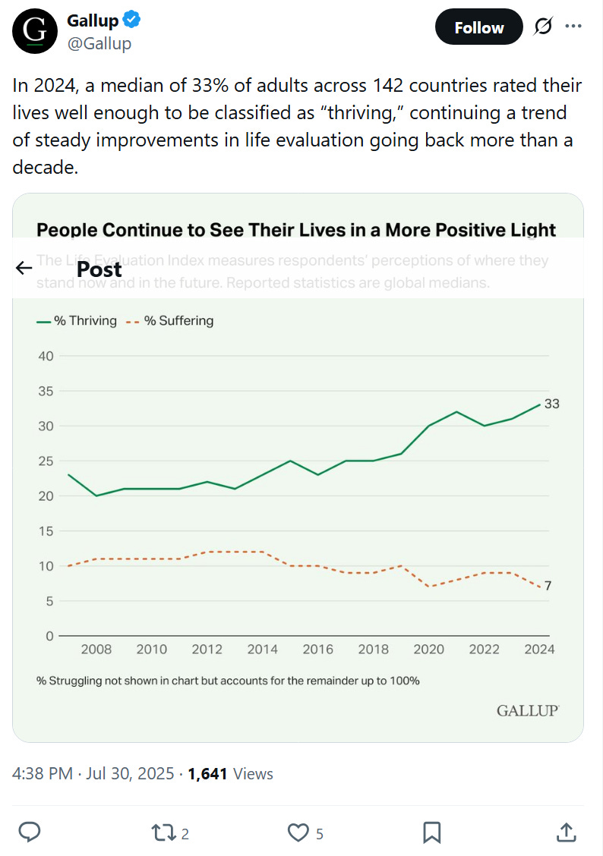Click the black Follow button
tap(478, 27)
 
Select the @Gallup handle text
tap(99, 44)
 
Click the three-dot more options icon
tap(573, 27)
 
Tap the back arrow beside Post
tap(24, 268)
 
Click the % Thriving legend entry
tap(77, 321)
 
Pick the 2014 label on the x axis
tap(263, 650)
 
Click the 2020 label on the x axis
tap(429, 650)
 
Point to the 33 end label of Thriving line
tap(552, 404)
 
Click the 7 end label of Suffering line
tap(548, 586)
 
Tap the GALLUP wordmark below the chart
tap(528, 710)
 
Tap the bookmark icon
tap(431, 832)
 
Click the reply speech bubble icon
tap(29, 832)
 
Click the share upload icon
tap(566, 832)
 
